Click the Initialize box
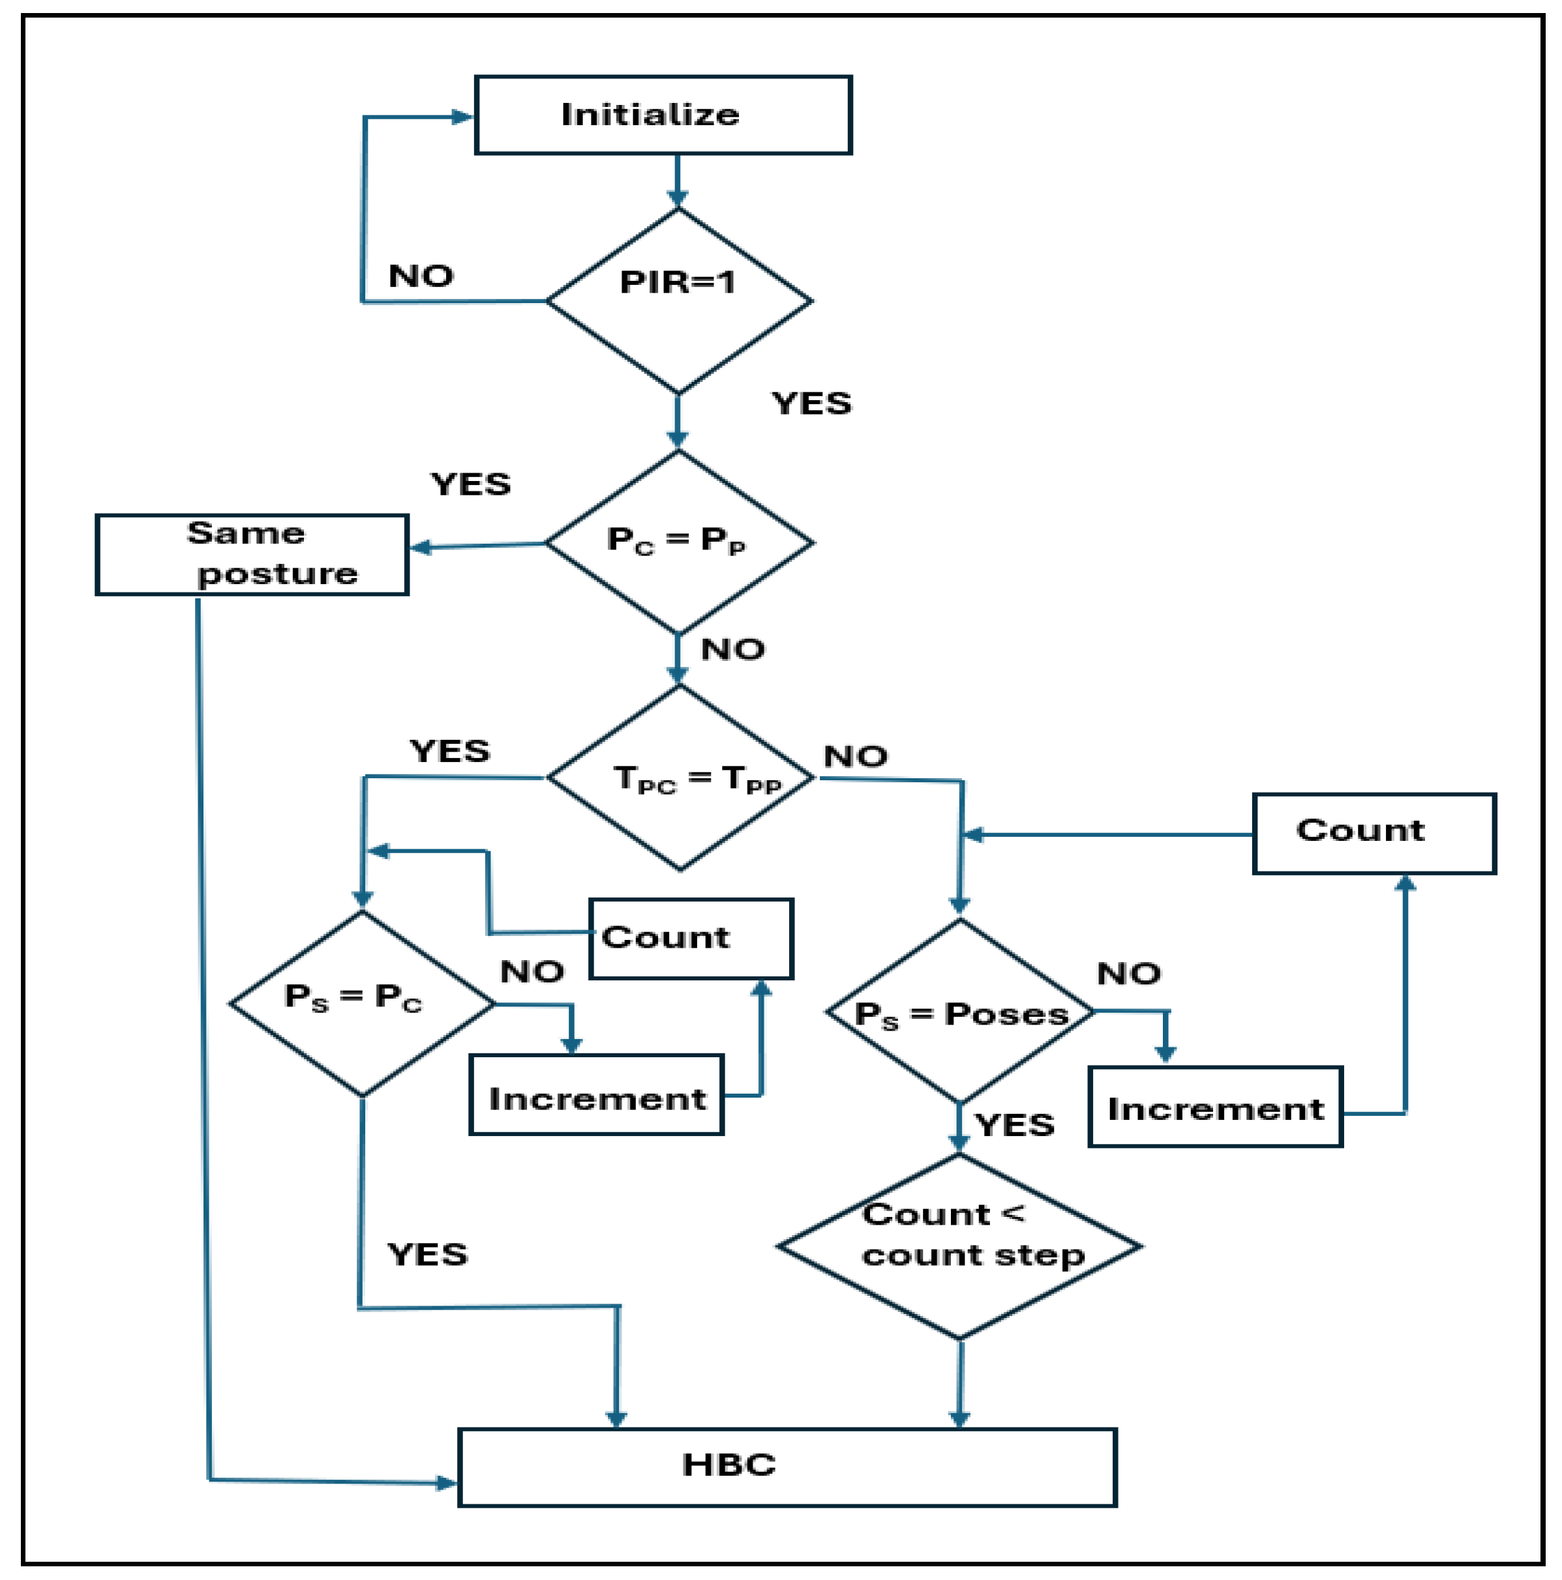[x=663, y=115]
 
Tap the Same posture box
[x=252, y=555]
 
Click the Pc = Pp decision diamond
[x=678, y=542]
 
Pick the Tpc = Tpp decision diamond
[x=680, y=778]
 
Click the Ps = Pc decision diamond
[x=362, y=1003]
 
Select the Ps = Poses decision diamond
[x=960, y=1012]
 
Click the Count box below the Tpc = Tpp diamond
[x=691, y=938]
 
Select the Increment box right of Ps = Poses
[x=1215, y=1107]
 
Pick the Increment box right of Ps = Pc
[x=597, y=1095]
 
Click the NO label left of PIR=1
[x=421, y=276]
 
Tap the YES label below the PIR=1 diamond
[x=811, y=403]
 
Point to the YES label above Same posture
[x=470, y=484]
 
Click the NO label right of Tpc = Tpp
[x=855, y=757]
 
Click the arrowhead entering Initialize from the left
[x=464, y=117]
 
